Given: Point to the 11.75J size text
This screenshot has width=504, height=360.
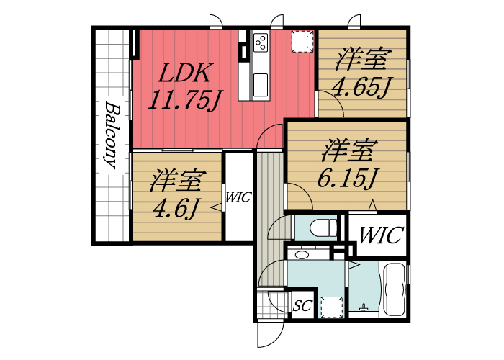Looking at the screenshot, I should point(184,99).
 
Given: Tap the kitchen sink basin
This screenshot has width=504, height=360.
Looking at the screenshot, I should point(260,81).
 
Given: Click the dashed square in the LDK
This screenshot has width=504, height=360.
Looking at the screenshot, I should point(302,41).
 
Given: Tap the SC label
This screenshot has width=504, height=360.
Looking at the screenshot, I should point(302,306).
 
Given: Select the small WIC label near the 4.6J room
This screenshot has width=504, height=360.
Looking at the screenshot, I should point(238,197).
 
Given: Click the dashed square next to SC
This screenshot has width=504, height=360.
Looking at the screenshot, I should point(330,307).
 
